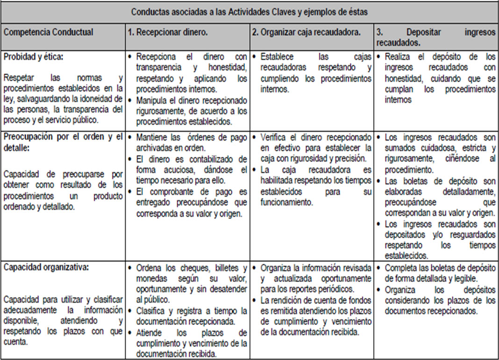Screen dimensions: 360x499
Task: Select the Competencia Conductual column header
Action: click(x=48, y=32)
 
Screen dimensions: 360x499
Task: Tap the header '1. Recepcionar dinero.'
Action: click(x=168, y=32)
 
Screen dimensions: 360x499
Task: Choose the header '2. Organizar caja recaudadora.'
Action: click(x=306, y=32)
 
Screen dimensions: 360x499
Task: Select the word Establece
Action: click(x=277, y=57)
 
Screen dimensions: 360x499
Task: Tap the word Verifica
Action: click(x=274, y=138)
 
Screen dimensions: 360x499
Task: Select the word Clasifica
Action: click(x=151, y=311)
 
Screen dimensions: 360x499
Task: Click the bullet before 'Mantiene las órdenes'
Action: click(x=129, y=137)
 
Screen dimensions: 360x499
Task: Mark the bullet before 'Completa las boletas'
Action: click(x=378, y=268)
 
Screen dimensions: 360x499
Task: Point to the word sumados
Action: click(x=400, y=148)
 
